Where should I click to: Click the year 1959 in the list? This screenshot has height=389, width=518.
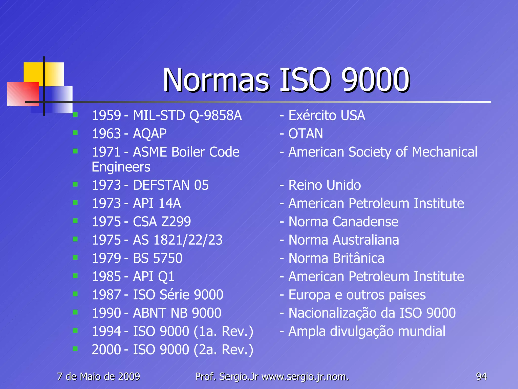106,115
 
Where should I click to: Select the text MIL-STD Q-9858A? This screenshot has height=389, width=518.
187,115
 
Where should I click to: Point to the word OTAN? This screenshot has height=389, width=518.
306,134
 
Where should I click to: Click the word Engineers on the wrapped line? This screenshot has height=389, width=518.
121,167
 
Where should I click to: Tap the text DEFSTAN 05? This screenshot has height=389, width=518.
171,185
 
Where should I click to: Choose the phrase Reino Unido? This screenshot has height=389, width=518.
325,185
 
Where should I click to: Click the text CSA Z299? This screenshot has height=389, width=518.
162,222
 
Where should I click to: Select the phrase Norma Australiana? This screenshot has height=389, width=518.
343,240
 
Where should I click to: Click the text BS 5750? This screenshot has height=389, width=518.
158,258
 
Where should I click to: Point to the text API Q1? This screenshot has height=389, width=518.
154,277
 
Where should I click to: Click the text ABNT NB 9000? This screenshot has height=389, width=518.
177,313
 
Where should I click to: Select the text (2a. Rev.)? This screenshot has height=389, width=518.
223,350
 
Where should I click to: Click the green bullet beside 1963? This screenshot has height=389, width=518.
75,133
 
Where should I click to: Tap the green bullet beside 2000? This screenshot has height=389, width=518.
75,349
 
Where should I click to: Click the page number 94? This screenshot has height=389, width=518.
481,377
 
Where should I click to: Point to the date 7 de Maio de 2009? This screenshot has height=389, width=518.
98,377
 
